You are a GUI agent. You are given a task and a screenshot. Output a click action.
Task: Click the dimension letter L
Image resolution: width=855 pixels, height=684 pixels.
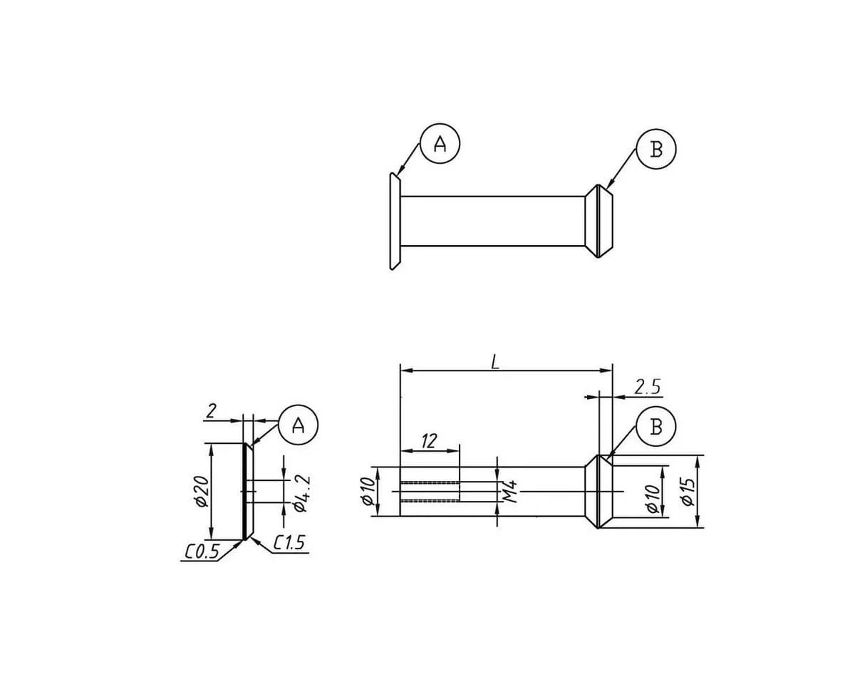coord(494,362)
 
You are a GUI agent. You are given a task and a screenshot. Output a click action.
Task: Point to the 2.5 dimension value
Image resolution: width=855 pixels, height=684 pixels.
coord(647,387)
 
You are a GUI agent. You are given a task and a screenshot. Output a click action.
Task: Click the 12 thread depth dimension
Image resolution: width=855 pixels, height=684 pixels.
coord(429,441)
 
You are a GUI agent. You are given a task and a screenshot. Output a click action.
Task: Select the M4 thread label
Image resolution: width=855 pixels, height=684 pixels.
coord(511,492)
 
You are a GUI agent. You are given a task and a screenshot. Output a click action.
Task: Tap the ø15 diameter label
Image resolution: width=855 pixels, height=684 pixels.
coord(688,492)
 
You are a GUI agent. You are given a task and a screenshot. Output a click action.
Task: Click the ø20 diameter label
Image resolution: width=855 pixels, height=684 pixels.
coord(202,491)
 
